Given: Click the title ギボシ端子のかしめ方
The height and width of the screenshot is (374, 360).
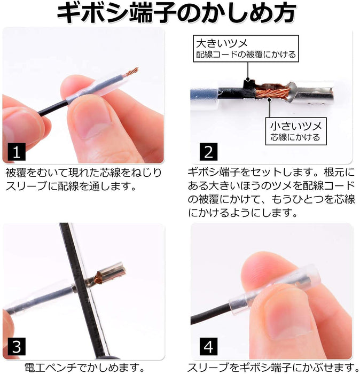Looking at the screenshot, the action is pyautogui.click(x=177, y=13).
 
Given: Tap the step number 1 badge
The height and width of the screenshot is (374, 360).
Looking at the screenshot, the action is pyautogui.click(x=17, y=152).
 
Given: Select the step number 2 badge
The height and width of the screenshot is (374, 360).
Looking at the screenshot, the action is pyautogui.click(x=208, y=152).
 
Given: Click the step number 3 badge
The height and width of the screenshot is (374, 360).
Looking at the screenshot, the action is pyautogui.click(x=17, y=346).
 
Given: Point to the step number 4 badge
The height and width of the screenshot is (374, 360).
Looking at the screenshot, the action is pyautogui.click(x=208, y=346).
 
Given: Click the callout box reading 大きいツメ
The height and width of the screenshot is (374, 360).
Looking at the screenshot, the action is pyautogui.click(x=246, y=49).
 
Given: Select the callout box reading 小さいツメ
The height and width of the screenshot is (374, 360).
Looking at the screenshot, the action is pyautogui.click(x=296, y=131).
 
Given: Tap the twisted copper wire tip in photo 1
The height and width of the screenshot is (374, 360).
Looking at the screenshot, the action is pyautogui.click(x=131, y=72).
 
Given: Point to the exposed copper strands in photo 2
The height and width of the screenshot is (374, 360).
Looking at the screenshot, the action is pyautogui.click(x=273, y=92).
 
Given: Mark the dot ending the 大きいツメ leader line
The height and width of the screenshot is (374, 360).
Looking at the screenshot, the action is pyautogui.click(x=248, y=79).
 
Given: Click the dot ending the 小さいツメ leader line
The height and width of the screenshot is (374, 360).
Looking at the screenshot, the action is pyautogui.click(x=269, y=100).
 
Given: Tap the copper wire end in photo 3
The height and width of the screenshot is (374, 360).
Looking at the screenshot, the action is pyautogui.click(x=98, y=278).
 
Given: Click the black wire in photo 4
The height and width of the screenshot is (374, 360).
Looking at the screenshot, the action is pyautogui.click(x=210, y=313).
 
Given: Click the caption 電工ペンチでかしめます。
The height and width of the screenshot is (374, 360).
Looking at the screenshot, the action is pyautogui.click(x=84, y=368).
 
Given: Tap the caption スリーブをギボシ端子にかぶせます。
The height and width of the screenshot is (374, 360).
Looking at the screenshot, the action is pyautogui.click(x=273, y=368).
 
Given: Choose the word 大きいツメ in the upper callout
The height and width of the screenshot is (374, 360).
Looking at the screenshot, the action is pyautogui.click(x=222, y=43).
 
